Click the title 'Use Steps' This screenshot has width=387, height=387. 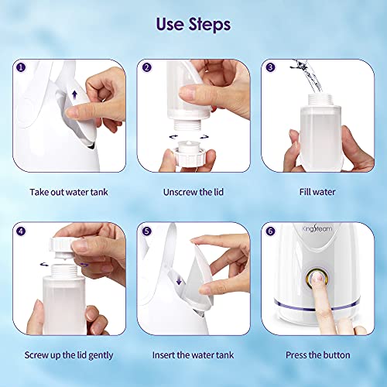(x=193, y=24)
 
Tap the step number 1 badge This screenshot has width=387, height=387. (x=20, y=67)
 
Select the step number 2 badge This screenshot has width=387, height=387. (x=148, y=67)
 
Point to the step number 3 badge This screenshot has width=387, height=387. (x=270, y=67)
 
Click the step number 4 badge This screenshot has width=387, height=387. (x=20, y=231)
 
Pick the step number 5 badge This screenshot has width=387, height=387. (x=148, y=231)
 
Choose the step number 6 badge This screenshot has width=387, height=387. (x=270, y=231)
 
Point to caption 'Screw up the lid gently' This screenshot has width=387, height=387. (x=69, y=355)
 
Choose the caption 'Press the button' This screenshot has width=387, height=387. (x=317, y=355)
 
